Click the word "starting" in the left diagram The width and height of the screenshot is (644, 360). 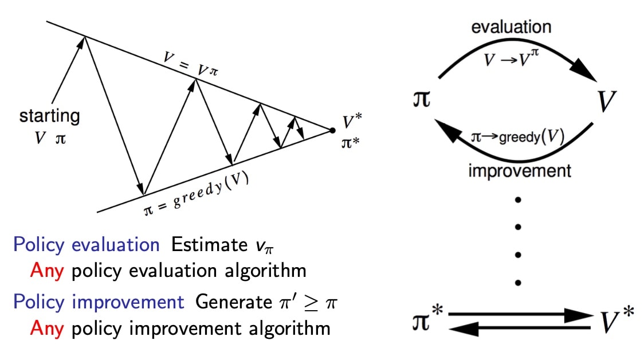[x=50, y=116]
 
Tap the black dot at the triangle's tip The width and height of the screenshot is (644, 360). [x=332, y=131]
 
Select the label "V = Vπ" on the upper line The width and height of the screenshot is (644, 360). [x=191, y=64]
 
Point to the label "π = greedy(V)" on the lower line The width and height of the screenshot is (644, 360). [x=197, y=194]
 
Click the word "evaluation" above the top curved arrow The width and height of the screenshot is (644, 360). [x=511, y=27]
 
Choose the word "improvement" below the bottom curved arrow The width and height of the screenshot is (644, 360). [x=520, y=171]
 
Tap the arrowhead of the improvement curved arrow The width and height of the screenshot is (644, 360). [x=447, y=131]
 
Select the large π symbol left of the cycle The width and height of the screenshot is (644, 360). [x=421, y=99]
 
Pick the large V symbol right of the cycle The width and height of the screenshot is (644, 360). [x=607, y=101]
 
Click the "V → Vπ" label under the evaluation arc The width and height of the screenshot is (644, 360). [x=511, y=58]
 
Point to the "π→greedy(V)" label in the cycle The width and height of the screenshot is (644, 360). [x=517, y=136]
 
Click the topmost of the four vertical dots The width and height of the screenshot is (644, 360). [x=518, y=200]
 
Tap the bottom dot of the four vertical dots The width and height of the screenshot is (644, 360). [x=518, y=283]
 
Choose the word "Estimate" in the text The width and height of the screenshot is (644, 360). [x=209, y=245]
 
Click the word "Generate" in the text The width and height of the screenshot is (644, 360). [x=234, y=302]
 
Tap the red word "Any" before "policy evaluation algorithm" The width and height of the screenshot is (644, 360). [x=47, y=271]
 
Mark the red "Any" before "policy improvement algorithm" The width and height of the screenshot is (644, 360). [x=47, y=329]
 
